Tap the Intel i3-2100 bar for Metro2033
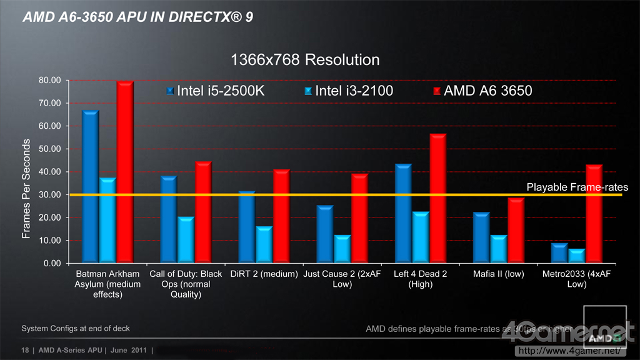point(577,256)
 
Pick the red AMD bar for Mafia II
point(516,231)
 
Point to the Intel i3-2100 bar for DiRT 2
point(264,245)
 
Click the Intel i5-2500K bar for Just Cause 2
point(325,234)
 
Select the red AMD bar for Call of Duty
point(204,212)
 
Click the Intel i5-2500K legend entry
point(216,91)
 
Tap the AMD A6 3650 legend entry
point(482,91)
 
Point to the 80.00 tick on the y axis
point(49,81)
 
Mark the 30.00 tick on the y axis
point(49,195)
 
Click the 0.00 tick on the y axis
point(51,264)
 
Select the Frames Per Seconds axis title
point(26,189)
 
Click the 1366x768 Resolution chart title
point(305,60)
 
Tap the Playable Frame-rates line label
point(577,187)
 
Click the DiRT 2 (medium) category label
point(264,274)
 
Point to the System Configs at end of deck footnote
point(76,328)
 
